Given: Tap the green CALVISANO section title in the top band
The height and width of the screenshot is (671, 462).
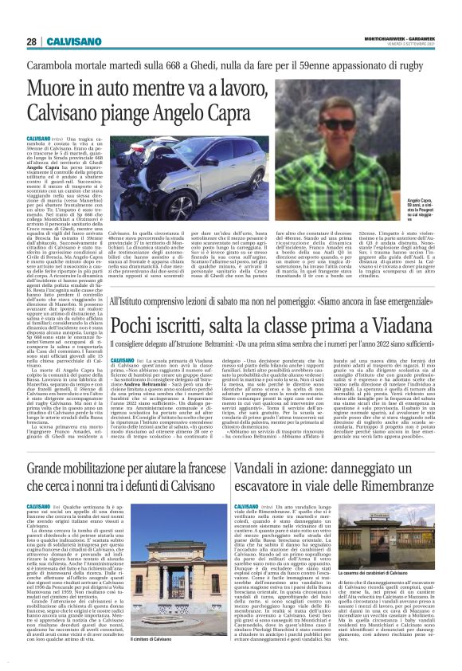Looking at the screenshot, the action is pos(76,41).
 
